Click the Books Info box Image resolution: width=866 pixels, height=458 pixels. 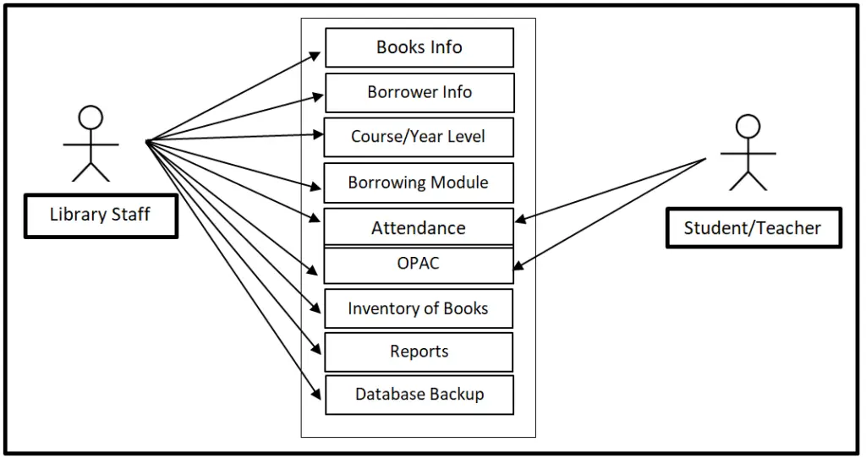click(419, 47)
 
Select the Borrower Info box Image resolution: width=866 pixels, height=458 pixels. click(419, 92)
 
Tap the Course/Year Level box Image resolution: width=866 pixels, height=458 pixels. click(419, 137)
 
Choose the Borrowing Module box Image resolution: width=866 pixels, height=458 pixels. click(419, 183)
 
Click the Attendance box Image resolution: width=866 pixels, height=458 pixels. click(419, 227)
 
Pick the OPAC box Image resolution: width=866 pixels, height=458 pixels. click(419, 264)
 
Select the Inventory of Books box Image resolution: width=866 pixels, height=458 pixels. click(419, 308)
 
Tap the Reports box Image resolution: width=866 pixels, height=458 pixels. click(419, 352)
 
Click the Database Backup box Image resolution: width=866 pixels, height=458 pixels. click(419, 395)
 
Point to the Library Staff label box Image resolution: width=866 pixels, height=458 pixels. click(101, 215)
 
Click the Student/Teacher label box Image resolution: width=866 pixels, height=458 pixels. click(753, 227)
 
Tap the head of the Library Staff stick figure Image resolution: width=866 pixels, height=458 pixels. click(90, 117)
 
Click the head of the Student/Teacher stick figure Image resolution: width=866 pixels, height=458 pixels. click(748, 127)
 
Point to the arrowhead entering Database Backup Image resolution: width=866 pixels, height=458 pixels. click(318, 394)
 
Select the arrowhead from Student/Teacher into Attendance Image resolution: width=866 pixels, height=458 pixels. click(520, 221)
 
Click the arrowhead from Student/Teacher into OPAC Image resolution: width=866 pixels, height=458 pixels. click(518, 267)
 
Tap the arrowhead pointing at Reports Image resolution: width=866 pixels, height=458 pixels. click(318, 350)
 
